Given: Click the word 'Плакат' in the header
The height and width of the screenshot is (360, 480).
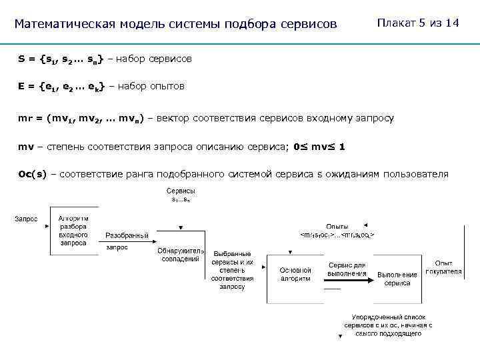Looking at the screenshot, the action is (x=394, y=23).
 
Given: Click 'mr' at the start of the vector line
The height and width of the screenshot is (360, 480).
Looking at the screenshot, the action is (x=25, y=119).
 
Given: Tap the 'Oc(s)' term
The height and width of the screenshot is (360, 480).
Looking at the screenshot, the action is (x=33, y=174).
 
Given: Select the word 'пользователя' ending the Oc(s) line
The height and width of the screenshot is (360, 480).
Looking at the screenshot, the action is (x=417, y=174).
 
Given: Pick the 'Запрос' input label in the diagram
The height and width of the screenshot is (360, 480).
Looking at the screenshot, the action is (x=27, y=219).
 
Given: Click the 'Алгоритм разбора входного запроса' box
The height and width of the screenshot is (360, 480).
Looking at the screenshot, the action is (x=73, y=231).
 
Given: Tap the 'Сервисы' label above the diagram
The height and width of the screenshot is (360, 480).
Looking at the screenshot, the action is (x=181, y=191).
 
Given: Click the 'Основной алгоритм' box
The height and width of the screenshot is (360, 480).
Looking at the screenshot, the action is (x=295, y=274).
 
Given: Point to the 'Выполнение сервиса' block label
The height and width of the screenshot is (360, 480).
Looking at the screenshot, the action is (x=397, y=279).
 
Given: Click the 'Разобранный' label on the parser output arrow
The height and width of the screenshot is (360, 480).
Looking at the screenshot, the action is (x=127, y=235).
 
